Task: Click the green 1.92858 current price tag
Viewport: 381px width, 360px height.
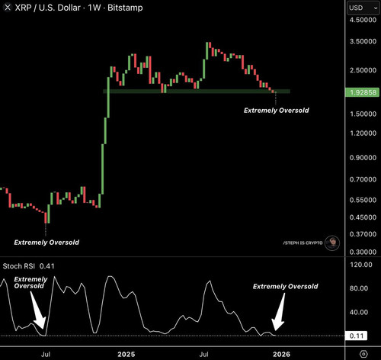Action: coord(362,92)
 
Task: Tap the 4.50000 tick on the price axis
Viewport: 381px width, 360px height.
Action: coord(363,20)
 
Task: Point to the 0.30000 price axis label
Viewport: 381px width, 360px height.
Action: coord(363,252)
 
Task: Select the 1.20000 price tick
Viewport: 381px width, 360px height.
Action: coord(363,133)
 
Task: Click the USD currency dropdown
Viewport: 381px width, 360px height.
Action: coord(363,8)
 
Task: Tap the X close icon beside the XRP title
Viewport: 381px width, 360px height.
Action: coord(8,8)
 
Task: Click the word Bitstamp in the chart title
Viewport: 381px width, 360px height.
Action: coord(125,8)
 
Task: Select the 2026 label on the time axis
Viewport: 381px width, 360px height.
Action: coord(281,354)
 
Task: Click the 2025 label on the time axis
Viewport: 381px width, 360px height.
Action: coord(126,354)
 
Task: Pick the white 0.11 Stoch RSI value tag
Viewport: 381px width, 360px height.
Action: coord(357,336)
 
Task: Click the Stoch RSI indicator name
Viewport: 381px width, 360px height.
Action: coord(19,266)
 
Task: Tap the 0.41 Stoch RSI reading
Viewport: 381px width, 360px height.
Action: coord(47,266)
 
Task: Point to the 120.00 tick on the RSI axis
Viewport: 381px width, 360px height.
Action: coord(361,265)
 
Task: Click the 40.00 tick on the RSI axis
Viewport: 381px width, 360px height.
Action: coord(359,312)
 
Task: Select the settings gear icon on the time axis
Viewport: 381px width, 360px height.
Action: coord(363,354)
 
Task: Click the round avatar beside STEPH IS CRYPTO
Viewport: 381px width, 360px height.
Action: coord(332,243)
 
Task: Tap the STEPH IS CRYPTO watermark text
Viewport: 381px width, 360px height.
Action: coord(303,243)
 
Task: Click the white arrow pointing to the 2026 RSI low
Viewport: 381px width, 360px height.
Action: coord(278,312)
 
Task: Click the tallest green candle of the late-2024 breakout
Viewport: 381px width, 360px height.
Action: coord(108,98)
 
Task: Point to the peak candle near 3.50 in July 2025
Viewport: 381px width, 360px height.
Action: coord(207,51)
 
